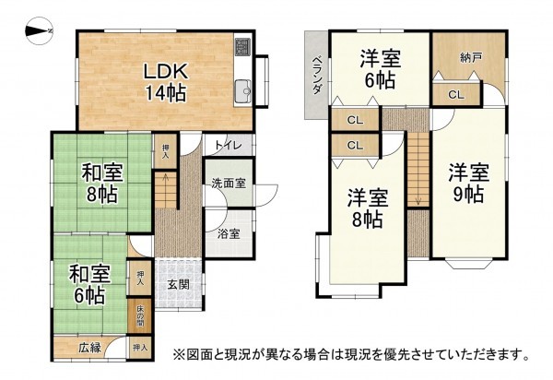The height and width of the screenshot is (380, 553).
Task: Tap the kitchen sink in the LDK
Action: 242,90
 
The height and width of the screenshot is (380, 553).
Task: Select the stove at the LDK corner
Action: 242,46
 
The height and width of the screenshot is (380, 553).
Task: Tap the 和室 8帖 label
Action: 99,183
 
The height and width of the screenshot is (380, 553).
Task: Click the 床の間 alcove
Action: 141,316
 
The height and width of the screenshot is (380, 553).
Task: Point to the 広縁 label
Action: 89,347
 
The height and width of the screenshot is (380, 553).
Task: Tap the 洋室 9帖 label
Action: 468,183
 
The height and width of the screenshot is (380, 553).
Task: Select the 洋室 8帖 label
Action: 367,208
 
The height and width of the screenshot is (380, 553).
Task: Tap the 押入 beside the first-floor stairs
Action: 165,152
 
